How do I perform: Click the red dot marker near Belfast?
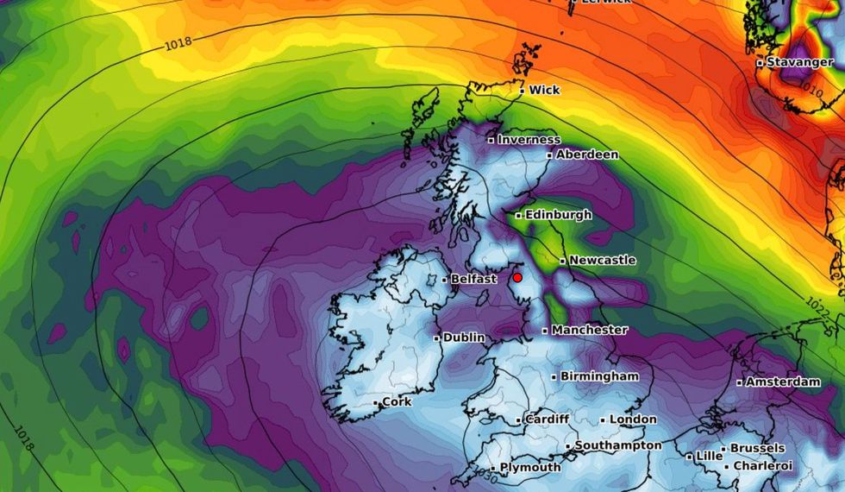(517, 278)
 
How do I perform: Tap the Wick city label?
(544, 90)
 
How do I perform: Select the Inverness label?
(529, 140)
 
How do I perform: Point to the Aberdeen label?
(587, 155)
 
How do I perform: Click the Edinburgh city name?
(559, 215)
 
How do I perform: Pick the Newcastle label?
(603, 260)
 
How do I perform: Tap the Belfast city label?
(473, 279)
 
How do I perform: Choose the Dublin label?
(463, 338)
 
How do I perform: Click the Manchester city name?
(590, 330)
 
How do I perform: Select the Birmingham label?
(599, 376)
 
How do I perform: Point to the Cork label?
(397, 402)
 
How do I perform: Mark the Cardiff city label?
(547, 419)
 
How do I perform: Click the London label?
(633, 419)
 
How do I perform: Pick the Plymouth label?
(530, 468)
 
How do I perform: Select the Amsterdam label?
(782, 382)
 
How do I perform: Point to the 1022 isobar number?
(818, 306)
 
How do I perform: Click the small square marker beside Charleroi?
(728, 467)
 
